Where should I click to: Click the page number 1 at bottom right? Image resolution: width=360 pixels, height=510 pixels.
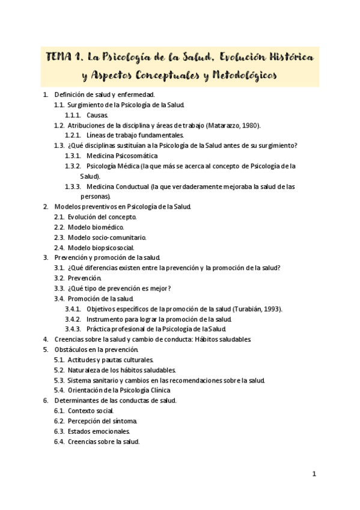pos(314,474)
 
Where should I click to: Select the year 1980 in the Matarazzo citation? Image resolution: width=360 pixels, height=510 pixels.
pos(249,125)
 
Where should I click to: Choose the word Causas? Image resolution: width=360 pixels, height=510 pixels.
pos(97,115)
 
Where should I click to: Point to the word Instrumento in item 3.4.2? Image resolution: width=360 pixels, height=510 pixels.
pos(105,319)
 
